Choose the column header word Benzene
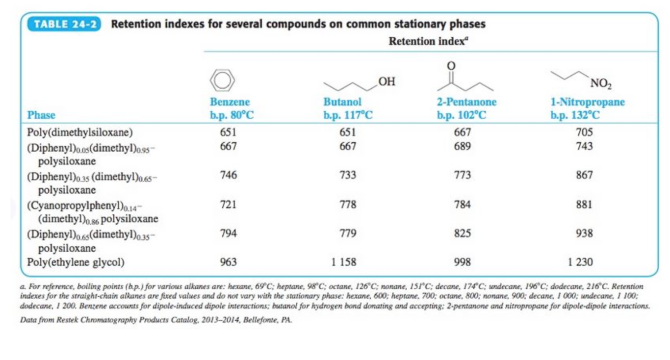(x=230, y=102)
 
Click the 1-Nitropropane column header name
(x=587, y=102)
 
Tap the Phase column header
(x=41, y=115)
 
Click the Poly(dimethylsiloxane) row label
(x=80, y=132)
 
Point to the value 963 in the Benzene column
(x=229, y=262)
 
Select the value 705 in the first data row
(x=584, y=132)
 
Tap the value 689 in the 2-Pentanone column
(x=462, y=146)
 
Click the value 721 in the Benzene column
(x=229, y=205)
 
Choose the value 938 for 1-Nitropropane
(x=584, y=233)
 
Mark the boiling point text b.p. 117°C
(x=348, y=116)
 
